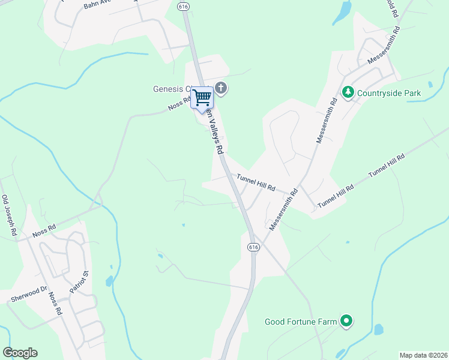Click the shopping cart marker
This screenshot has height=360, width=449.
(x=202, y=97)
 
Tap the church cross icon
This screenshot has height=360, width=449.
(x=221, y=89)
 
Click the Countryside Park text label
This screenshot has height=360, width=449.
(x=389, y=93)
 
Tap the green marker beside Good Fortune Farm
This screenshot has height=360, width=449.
(x=346, y=322)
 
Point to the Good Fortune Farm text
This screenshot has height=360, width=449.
(x=301, y=322)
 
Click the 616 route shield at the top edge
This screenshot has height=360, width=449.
(x=184, y=5)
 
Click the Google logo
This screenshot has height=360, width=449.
(x=20, y=353)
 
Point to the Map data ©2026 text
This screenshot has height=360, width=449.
(x=423, y=355)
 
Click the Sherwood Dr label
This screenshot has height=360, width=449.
(x=28, y=294)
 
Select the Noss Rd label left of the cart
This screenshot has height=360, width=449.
(x=179, y=104)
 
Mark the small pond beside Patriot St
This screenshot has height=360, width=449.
(x=109, y=280)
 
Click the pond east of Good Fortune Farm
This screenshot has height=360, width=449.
(x=378, y=329)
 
